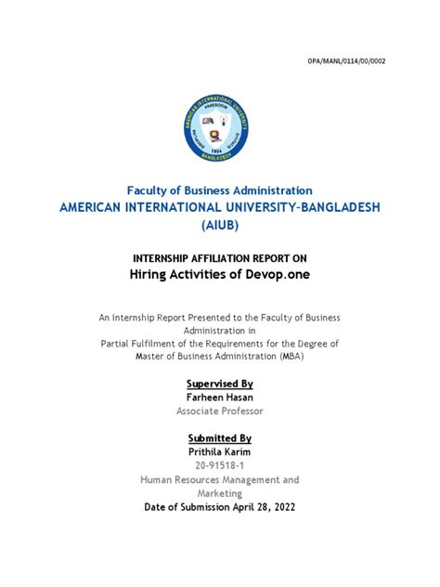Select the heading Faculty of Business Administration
219,189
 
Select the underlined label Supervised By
220,384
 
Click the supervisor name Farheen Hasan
220,397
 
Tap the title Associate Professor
220,411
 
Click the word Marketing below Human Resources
220,494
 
